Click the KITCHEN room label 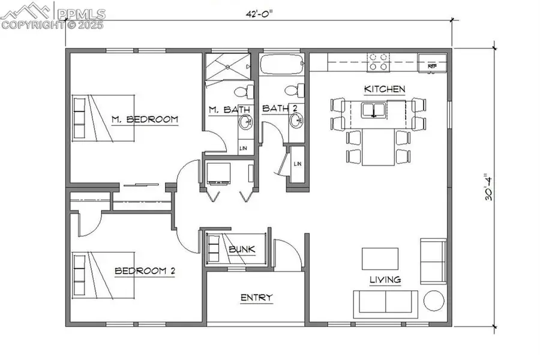[x=385, y=89]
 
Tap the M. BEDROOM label [x=145, y=119]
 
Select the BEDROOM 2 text [x=145, y=271]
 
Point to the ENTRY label [x=256, y=298]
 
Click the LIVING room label [x=385, y=280]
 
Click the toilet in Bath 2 [x=292, y=92]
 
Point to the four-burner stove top [x=379, y=61]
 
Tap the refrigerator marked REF [x=433, y=62]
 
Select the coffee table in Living [x=380, y=259]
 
